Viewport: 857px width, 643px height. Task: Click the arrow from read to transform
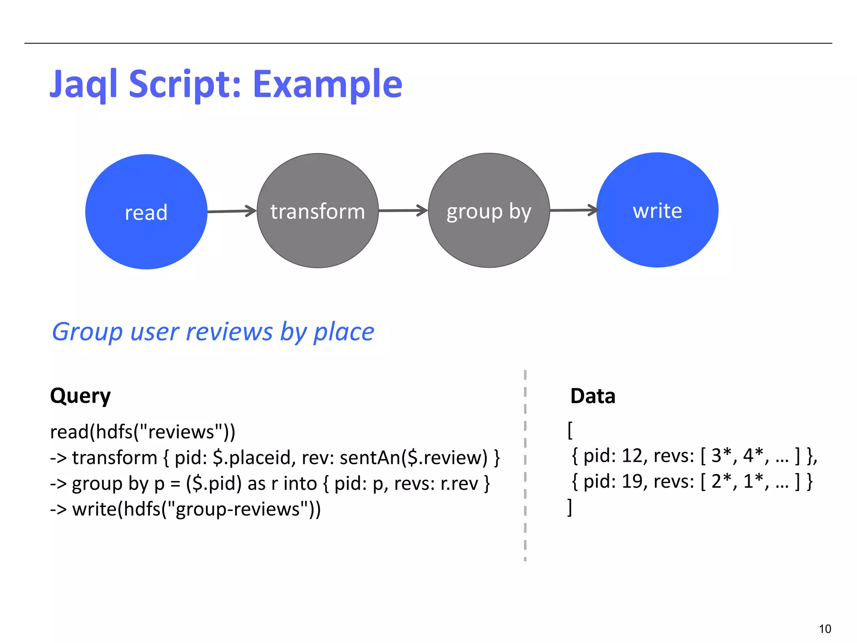[232, 211]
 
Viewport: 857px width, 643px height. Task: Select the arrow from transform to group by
[403, 211]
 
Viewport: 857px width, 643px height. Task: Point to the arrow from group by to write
[573, 210]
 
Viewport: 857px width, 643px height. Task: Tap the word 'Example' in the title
[327, 85]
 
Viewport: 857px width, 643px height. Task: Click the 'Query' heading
[80, 396]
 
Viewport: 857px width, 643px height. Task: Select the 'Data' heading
[593, 396]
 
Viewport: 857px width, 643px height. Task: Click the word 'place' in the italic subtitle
[344, 332]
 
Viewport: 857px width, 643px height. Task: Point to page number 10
[824, 629]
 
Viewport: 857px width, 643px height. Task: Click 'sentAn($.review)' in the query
[413, 458]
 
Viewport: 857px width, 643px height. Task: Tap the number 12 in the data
[632, 455]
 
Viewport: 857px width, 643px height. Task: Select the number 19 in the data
[632, 481]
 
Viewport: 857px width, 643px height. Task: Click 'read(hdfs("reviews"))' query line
[143, 432]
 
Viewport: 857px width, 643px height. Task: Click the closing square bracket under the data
[570, 507]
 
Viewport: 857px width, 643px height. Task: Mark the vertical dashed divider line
[525, 465]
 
